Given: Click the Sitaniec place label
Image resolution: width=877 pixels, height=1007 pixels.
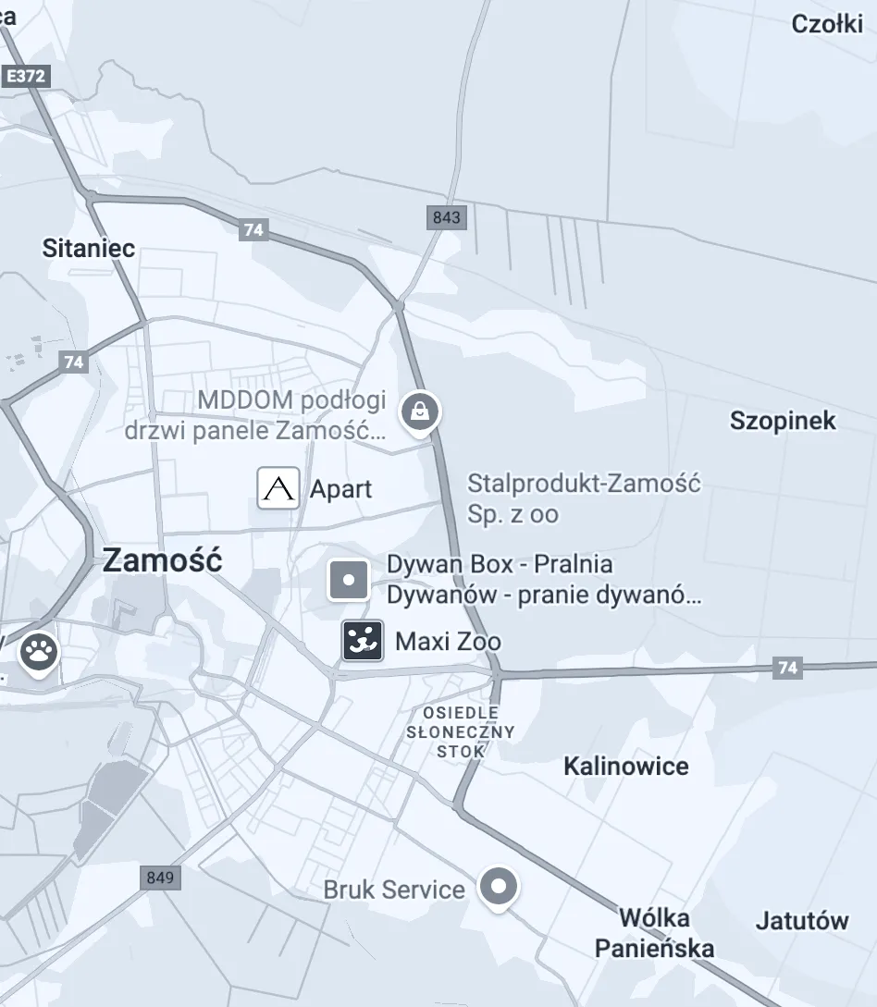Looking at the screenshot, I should [x=89, y=248].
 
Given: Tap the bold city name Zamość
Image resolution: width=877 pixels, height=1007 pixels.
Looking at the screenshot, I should [x=162, y=560].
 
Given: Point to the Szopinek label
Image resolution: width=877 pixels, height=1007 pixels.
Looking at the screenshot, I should [x=783, y=421].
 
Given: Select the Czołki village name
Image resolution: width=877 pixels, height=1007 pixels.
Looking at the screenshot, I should [x=827, y=24].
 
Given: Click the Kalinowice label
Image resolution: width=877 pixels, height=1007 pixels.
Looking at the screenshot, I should [x=626, y=766].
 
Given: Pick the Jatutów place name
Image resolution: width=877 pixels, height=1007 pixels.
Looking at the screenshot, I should [x=802, y=920].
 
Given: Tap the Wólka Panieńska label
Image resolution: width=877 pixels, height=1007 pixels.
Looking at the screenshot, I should [x=654, y=933].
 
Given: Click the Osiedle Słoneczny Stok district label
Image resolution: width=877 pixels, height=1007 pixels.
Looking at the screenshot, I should [x=461, y=731].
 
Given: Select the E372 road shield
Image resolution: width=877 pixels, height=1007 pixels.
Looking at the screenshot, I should [x=25, y=76].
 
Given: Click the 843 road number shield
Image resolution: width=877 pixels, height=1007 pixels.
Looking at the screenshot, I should [x=446, y=218].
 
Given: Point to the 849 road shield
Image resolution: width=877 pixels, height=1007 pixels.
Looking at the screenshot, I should [x=160, y=878].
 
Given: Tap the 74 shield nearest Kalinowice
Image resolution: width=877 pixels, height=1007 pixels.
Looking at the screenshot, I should [x=787, y=668].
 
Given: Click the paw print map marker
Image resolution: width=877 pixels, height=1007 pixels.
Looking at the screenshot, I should [x=38, y=653].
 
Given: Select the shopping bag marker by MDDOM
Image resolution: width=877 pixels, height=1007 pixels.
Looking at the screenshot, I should [x=420, y=410].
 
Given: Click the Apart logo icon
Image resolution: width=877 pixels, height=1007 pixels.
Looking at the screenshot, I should [x=278, y=488].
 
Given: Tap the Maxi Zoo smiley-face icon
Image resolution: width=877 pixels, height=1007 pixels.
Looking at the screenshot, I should [x=363, y=641].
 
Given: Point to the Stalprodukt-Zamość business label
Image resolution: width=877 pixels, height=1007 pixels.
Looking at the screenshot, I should [x=584, y=498].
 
